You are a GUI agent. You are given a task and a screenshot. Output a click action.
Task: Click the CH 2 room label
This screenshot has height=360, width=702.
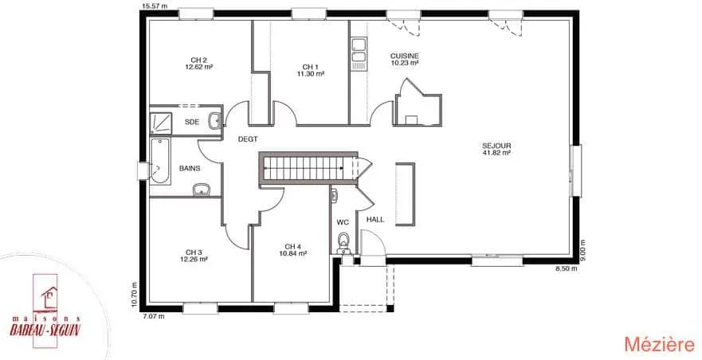click(x=198, y=60)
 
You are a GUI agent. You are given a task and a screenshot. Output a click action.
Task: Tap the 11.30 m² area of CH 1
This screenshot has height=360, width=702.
click(x=310, y=74)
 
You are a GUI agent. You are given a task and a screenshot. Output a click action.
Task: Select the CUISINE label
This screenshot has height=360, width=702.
click(x=404, y=56)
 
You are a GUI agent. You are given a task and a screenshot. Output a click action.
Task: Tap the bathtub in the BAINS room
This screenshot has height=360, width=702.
click(x=160, y=161)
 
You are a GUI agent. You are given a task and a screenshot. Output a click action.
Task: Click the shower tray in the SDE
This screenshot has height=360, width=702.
click(x=161, y=123)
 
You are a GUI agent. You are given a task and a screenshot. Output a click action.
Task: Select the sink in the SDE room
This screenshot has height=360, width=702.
click(x=214, y=121)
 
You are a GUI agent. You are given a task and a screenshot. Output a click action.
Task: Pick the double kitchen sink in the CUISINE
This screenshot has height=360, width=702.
click(x=359, y=50)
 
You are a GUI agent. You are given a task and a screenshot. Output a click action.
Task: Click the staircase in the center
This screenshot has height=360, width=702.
click(x=308, y=168)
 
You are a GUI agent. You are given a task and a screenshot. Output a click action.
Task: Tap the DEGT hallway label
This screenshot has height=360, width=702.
click(x=248, y=139)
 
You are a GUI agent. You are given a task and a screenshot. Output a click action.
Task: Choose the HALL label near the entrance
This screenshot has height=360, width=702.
click(x=375, y=219)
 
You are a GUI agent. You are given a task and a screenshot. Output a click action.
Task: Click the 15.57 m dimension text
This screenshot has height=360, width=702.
click(x=155, y=6)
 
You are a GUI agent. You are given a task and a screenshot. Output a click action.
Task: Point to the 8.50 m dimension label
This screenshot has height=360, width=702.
click(x=566, y=268)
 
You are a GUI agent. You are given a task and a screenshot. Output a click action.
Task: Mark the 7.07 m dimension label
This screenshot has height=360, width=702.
click(x=154, y=316)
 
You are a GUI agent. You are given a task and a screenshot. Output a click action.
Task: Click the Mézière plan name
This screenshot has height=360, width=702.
click(x=659, y=344)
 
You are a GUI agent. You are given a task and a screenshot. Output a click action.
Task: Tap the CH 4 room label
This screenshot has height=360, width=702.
click(x=292, y=246)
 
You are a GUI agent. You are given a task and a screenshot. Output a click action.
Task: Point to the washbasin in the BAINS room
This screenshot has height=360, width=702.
click(x=202, y=190)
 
